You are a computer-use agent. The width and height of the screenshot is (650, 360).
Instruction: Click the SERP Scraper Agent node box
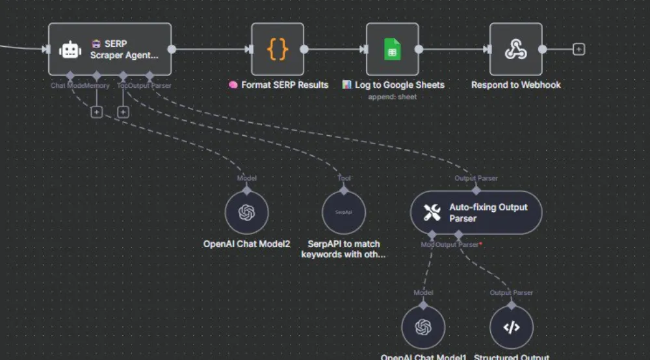point(110,49)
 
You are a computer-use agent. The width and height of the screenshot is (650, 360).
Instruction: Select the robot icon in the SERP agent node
point(70,49)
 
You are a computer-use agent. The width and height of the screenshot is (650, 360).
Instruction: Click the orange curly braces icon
point(278,49)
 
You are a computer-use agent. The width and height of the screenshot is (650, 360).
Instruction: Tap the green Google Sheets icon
point(392,49)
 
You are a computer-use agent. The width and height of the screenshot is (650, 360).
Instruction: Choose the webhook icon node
point(515,49)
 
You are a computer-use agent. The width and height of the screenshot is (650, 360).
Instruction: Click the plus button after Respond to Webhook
point(578,49)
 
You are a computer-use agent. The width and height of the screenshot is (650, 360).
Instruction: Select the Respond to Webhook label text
point(515,85)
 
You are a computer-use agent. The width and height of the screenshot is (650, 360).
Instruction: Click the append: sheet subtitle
point(392,97)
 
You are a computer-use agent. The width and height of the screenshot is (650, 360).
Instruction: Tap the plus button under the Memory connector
point(96,112)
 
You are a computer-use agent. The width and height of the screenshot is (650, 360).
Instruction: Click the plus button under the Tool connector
point(123,112)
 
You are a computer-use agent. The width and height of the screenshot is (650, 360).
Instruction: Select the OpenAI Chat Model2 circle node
point(246,212)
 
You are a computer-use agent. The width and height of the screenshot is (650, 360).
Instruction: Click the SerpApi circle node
point(344,212)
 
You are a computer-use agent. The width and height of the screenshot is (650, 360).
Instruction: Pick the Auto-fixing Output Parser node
point(476,212)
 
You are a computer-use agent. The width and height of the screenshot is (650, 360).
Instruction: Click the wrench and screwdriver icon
point(432,212)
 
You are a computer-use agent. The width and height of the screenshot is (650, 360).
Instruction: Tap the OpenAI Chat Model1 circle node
point(423,327)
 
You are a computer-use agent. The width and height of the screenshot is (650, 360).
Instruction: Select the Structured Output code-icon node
point(512,327)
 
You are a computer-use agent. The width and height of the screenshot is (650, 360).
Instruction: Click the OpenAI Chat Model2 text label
point(246,244)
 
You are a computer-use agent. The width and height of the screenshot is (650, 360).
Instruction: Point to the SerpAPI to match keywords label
point(344,250)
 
